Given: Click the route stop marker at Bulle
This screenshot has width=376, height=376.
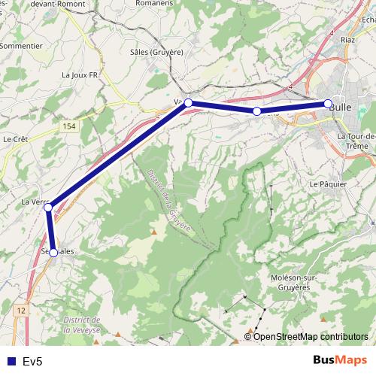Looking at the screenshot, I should point(328,104).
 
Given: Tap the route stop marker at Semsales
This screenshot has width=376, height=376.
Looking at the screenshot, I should point(53,253).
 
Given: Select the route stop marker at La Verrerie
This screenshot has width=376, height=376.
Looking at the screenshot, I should point(48,207).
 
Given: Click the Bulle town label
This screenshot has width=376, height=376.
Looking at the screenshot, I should point(350,108).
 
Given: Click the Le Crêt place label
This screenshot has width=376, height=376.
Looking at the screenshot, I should point(15,139).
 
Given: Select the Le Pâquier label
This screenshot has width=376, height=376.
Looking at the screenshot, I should point(329,183).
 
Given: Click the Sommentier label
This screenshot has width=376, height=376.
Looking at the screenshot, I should point(20,45).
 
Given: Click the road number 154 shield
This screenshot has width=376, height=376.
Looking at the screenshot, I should point(69,126).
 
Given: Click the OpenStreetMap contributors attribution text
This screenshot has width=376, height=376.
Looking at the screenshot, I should point(311,337).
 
